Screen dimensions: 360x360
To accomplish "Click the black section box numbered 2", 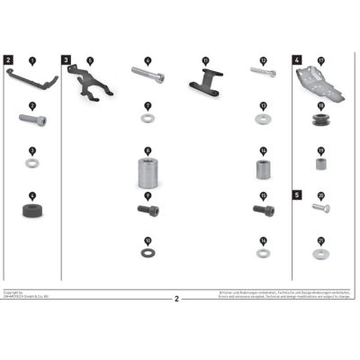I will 8,59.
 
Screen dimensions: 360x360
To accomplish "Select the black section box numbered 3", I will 67,59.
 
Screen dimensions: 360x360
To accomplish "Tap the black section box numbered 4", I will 297,59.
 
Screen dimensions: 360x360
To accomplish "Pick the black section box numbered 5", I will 297,193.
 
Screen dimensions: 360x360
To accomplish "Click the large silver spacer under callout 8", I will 148,170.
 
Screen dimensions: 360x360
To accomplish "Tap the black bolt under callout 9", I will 148,211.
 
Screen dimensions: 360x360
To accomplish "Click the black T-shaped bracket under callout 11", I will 205,83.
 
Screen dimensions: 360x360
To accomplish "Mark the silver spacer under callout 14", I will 263,169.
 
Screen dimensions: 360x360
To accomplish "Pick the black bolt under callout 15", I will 263,211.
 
